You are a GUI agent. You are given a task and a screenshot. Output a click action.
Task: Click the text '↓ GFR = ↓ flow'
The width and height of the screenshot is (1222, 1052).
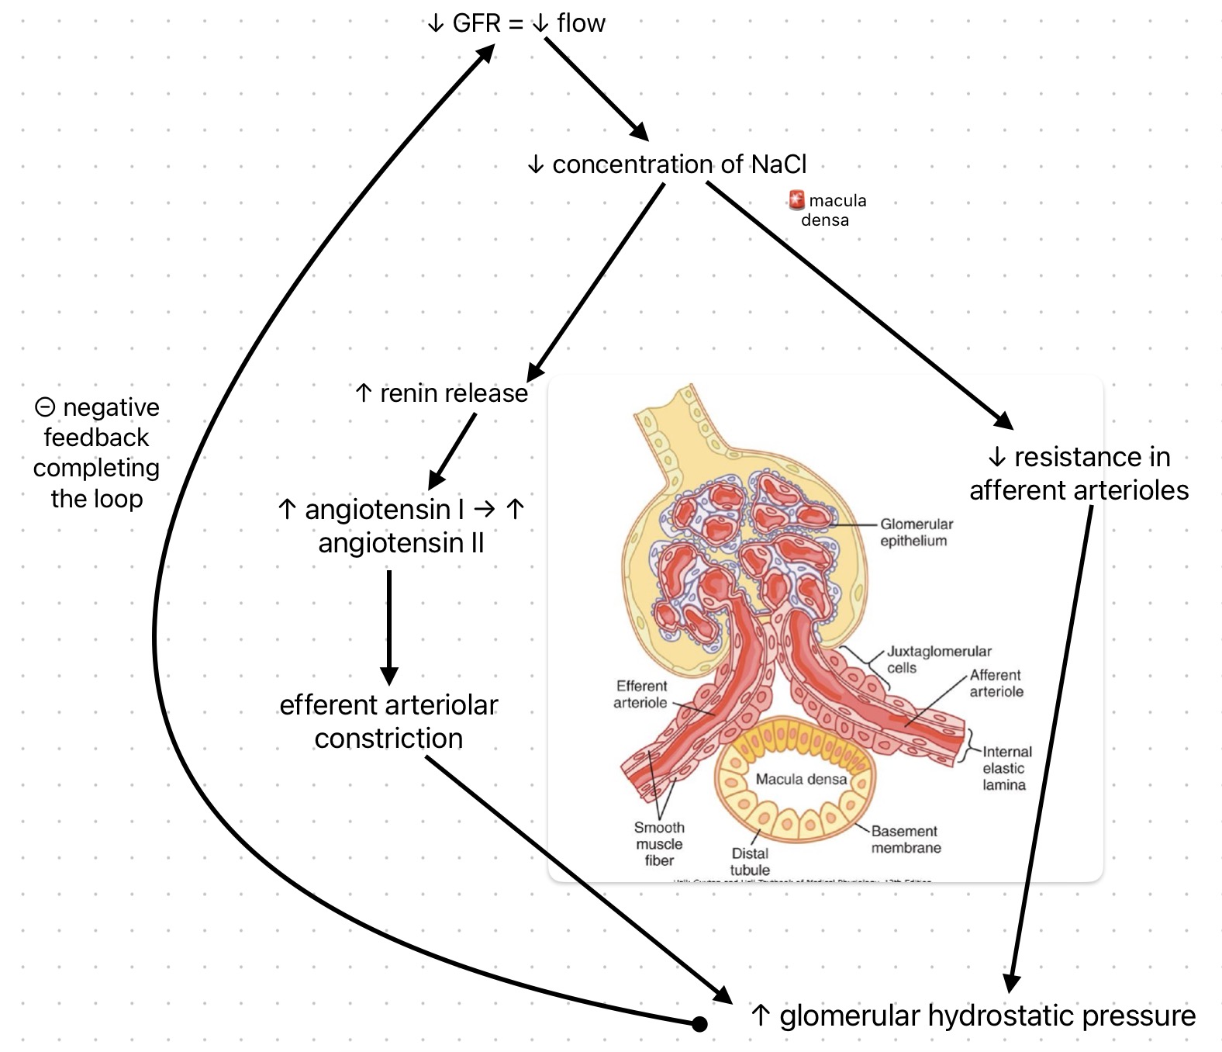tap(516, 23)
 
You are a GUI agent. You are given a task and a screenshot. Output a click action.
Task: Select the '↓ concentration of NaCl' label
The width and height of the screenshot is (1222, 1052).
tap(667, 164)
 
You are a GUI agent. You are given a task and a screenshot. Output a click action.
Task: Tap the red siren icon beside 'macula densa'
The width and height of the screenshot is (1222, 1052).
tap(796, 200)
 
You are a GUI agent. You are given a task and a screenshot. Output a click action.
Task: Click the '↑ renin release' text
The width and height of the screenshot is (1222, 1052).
tap(441, 393)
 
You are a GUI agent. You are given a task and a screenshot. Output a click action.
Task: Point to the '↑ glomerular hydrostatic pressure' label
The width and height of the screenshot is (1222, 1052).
tap(974, 1016)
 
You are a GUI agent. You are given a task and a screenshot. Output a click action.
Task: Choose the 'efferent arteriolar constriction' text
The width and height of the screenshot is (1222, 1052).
tap(388, 722)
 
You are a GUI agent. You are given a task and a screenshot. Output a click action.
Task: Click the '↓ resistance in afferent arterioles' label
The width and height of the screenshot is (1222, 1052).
tap(1079, 473)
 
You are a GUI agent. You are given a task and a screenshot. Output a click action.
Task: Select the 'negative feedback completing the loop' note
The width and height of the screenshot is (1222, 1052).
tap(96, 452)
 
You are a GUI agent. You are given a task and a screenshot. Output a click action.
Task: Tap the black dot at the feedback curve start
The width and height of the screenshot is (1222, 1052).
tap(699, 1025)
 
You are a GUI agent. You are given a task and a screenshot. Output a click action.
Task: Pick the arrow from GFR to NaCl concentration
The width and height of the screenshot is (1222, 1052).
tap(595, 88)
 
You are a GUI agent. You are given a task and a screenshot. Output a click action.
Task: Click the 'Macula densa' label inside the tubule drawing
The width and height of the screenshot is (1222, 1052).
tap(801, 779)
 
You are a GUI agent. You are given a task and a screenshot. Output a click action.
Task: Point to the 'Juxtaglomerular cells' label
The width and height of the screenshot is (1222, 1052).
tap(938, 659)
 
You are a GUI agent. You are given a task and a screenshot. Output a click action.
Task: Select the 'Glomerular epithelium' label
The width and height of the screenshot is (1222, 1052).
tap(916, 532)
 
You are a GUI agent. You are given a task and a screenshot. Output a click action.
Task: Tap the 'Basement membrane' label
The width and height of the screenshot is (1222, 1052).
tap(905, 839)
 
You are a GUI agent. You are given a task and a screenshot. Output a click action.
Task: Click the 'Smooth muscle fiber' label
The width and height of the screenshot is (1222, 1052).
tap(659, 843)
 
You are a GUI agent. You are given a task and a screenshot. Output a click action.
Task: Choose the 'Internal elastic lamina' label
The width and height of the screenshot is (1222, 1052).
tap(1006, 768)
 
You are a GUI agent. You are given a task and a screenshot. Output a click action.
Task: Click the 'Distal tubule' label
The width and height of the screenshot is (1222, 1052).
tap(750, 861)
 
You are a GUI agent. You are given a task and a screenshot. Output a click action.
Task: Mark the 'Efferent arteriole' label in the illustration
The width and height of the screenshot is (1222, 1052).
tap(640, 694)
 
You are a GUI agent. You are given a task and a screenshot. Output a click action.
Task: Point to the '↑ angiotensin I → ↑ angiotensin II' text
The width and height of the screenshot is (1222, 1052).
tap(401, 526)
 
